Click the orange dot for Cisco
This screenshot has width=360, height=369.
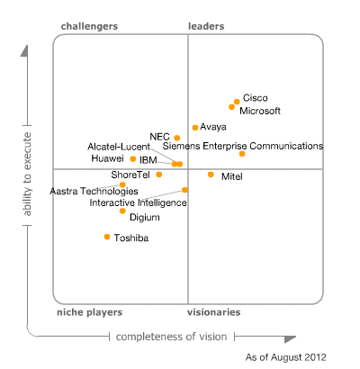pos(237,102)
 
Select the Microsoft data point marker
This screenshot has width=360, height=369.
pos(232,107)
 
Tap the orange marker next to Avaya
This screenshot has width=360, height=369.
pos(195,128)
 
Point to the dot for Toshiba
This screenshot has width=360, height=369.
pos(107,237)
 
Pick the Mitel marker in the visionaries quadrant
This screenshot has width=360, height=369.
pos(211,175)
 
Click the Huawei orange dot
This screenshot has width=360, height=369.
pos(133,159)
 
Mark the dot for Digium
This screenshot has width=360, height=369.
pos(122,211)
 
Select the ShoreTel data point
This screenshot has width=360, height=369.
pos(159,175)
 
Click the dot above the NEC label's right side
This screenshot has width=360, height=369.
pos(176,138)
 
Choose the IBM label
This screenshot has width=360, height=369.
pos(148,159)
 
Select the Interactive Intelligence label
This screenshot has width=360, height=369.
pos(138,203)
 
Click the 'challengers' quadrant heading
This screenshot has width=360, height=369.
pos(89,27)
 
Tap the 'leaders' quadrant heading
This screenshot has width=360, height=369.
pos(206,27)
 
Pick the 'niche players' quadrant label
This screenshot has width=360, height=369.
pos(89,312)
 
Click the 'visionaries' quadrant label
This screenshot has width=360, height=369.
pos(213,312)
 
